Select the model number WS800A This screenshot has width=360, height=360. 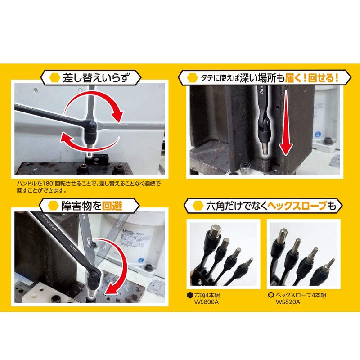[205, 302]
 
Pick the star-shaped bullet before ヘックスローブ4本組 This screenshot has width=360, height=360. [271, 295]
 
